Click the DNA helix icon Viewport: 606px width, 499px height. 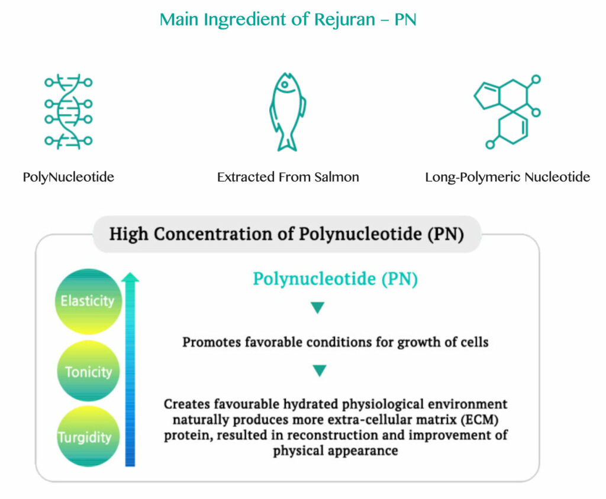pos(68,111)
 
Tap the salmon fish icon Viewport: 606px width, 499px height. pos(288,111)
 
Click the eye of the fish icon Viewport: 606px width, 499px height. pos(285,85)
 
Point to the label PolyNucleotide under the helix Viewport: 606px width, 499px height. pos(68,177)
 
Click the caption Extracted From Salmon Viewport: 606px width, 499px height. pos(288,177)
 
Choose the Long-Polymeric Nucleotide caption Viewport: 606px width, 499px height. pos(507,177)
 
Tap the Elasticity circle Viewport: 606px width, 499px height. pos(88,301)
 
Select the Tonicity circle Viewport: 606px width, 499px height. pos(88,372)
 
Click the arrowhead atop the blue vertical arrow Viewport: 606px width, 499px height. pos(131,277)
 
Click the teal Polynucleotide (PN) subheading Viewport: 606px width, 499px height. pos(335,279)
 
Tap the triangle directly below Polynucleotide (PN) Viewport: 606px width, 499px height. pos(318,308)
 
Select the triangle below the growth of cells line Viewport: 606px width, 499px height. pos(319,371)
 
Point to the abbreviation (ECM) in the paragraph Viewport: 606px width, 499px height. pos(488,420)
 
